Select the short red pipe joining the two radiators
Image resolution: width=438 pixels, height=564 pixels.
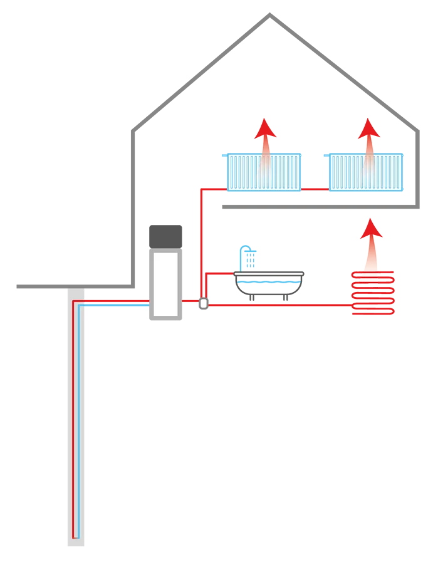pos(315,187)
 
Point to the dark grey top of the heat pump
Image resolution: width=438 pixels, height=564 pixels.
pos(165,235)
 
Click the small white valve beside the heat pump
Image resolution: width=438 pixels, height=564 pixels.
pos(203,303)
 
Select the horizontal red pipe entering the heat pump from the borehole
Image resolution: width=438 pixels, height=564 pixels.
pos(116,300)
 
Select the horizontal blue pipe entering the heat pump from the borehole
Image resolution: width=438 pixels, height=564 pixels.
pos(116,306)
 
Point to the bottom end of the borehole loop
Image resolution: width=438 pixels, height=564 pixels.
pos(76,537)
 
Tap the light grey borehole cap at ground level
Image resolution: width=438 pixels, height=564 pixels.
pos(75,292)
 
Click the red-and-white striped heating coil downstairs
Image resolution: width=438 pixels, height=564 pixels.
pos(369,279)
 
